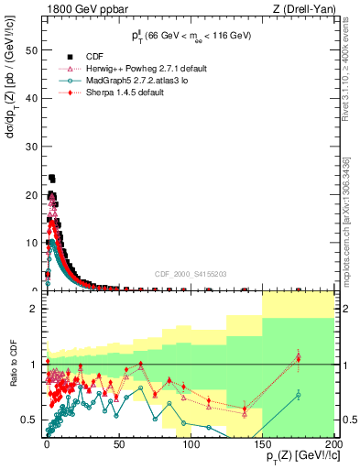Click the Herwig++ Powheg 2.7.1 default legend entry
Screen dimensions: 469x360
coord(146,68)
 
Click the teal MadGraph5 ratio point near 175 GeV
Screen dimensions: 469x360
coord(298,395)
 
